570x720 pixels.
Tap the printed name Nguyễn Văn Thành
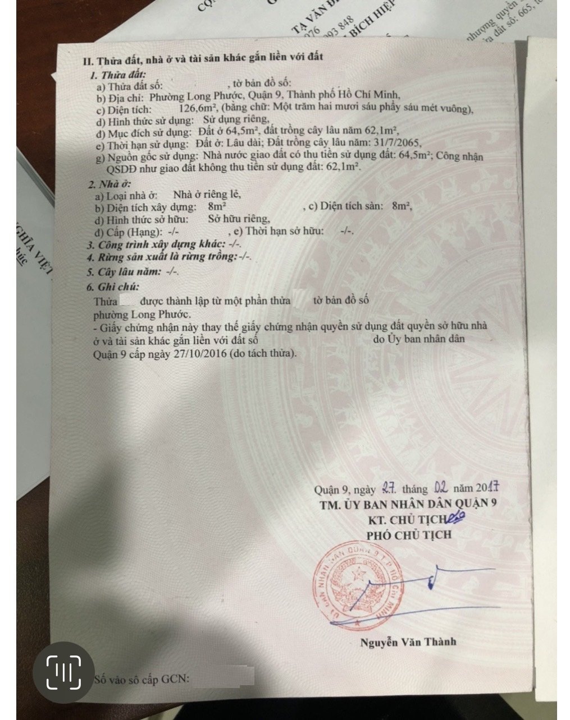(408, 642)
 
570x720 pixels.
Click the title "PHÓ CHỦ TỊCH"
(409, 534)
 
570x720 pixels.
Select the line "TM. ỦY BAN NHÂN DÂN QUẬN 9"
(408, 504)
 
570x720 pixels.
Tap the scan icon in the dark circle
(63, 672)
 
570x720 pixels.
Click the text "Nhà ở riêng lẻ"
(207, 195)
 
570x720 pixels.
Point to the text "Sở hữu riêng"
(239, 219)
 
